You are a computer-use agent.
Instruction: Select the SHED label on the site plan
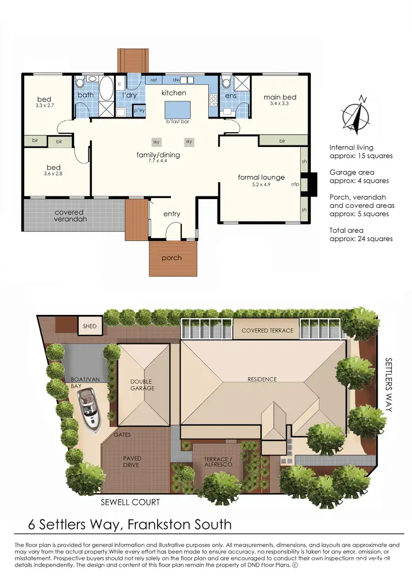(x=90, y=326)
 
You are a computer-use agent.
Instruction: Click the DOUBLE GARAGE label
(x=142, y=385)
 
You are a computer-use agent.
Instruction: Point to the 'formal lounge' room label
(x=261, y=177)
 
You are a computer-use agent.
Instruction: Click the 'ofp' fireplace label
(x=294, y=184)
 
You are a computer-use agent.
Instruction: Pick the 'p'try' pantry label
(x=139, y=111)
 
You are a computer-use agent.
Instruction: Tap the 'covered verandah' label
(x=69, y=216)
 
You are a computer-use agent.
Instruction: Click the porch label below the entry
(x=171, y=258)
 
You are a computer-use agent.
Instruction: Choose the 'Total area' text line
(x=347, y=230)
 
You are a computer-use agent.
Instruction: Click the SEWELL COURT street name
(x=131, y=502)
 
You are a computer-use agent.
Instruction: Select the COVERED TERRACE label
(x=268, y=331)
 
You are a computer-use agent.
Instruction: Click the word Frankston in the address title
(x=160, y=524)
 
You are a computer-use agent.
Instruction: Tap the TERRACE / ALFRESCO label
(x=218, y=461)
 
